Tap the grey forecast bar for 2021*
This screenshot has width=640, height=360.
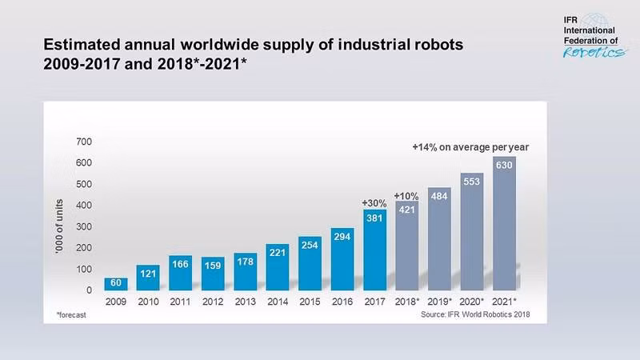pyautogui.click(x=504, y=232)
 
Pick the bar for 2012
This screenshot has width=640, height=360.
pyautogui.click(x=213, y=274)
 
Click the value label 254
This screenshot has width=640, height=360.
pyautogui.click(x=310, y=246)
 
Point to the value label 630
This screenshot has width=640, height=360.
pyautogui.click(x=504, y=166)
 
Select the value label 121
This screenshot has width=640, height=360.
pyautogui.click(x=149, y=274)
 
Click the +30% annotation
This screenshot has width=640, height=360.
pyautogui.click(x=374, y=203)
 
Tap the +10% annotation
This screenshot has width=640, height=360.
pyautogui.click(x=406, y=195)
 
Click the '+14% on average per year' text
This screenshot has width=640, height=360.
pyautogui.click(x=470, y=147)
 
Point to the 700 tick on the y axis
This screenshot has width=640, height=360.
pyautogui.click(x=83, y=142)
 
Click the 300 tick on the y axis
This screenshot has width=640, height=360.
pyautogui.click(x=83, y=226)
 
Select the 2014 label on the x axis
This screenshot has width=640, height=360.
pyautogui.click(x=277, y=302)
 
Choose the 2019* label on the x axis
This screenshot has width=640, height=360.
pyautogui.click(x=439, y=302)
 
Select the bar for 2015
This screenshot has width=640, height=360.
pyautogui.click(x=310, y=263)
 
